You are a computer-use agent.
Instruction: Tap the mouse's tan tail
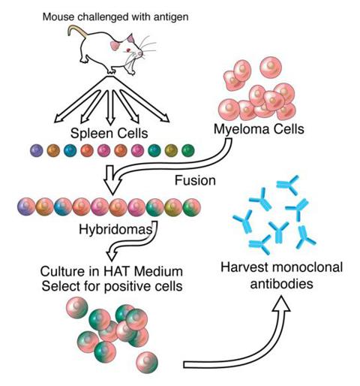point(76,29)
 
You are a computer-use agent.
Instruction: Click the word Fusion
point(195,180)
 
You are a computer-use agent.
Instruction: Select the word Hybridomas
point(115,229)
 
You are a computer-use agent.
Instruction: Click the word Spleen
point(91,134)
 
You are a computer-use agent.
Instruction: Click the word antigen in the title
point(171,17)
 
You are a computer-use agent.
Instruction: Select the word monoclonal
point(307,267)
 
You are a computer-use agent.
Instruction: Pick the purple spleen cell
point(37,151)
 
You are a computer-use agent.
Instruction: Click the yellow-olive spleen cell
point(171,151)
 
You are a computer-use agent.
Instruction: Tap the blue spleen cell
point(70,151)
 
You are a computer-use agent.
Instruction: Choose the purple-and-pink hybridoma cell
point(26,207)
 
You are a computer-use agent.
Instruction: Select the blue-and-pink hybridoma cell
point(63,207)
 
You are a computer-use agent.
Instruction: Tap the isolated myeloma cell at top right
point(271,68)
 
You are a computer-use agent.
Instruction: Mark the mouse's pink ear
point(115,46)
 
